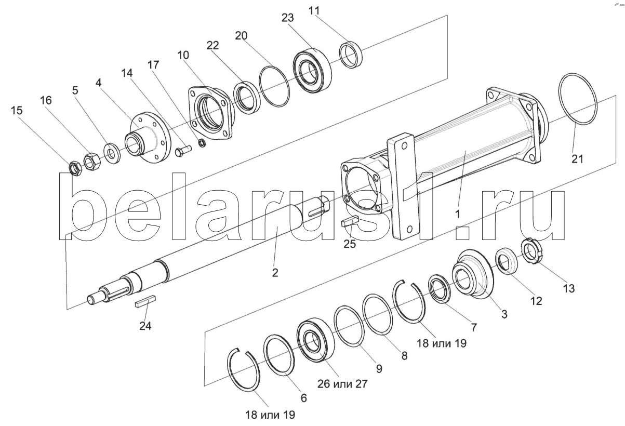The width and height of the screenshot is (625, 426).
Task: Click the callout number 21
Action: pyautogui.click(x=577, y=159)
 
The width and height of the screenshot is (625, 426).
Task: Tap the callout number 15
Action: pyautogui.click(x=16, y=110)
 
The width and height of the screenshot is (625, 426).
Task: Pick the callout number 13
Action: pyautogui.click(x=569, y=288)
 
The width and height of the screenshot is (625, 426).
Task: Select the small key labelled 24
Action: pyautogui.click(x=145, y=302)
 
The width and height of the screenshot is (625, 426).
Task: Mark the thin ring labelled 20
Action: pyautogui.click(x=274, y=86)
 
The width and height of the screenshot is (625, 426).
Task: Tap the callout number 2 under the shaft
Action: pyautogui.click(x=275, y=272)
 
